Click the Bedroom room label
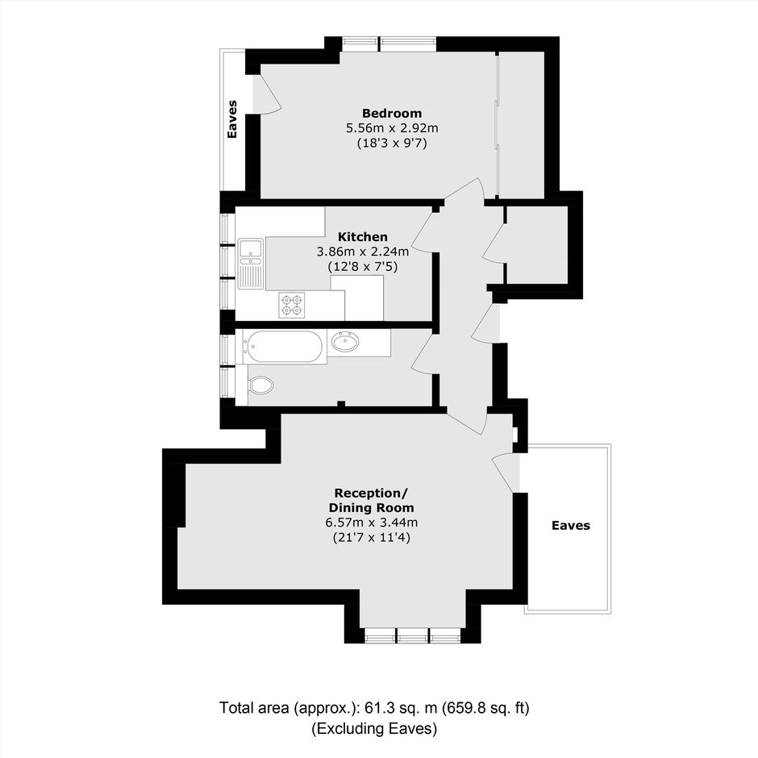coord(392,113)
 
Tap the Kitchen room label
coord(363,237)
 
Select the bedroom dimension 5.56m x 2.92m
coord(392,128)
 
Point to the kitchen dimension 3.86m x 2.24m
coord(363,252)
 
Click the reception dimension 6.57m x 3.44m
coord(371,522)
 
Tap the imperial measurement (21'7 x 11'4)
coord(371,537)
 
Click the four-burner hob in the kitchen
coord(291,305)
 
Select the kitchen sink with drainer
coord(251,264)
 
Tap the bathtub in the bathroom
coord(284,347)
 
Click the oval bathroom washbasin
coord(345,342)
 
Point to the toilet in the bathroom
coord(260,385)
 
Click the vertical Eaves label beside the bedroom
coord(232,119)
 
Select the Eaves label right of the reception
coord(571,526)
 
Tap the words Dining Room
coord(371,507)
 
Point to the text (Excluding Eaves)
coord(374,728)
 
